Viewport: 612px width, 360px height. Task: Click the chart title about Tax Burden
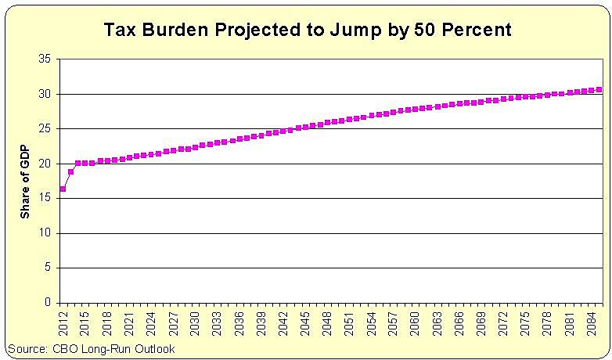(308, 31)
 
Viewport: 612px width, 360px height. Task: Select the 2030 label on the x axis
(196, 321)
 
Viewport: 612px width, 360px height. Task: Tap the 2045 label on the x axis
(306, 321)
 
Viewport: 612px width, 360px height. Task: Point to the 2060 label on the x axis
(416, 321)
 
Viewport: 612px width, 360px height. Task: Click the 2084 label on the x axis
(593, 321)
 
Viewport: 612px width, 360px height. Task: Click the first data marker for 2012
(63, 189)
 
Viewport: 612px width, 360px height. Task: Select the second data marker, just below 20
(70, 171)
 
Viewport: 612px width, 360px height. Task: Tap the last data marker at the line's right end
(599, 89)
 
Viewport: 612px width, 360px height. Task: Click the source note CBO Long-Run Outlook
(91, 349)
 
